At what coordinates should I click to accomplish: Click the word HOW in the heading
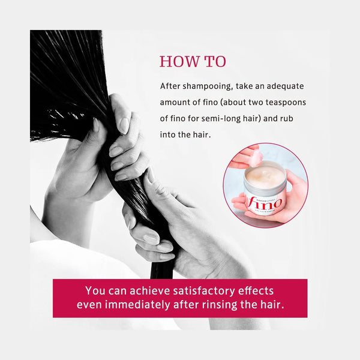179,62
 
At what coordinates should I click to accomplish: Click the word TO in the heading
215,62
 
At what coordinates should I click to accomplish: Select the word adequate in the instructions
285,86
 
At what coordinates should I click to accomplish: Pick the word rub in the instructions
287,118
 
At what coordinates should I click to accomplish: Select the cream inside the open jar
265,175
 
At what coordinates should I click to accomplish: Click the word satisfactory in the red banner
204,291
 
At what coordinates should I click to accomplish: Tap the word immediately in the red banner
137,305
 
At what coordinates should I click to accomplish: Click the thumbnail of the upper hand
124,125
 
